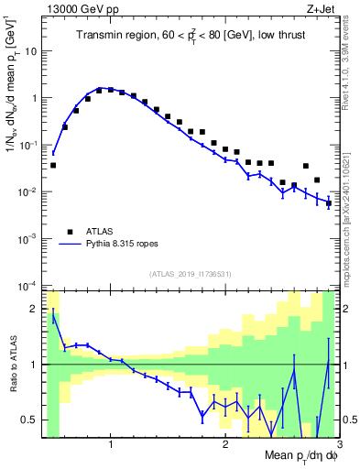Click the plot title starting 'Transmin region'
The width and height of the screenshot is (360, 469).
coord(189,36)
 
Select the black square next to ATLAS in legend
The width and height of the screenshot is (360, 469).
coord(69,231)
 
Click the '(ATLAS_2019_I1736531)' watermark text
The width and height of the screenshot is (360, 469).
coord(191,274)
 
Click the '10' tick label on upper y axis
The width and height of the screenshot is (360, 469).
coord(31,51)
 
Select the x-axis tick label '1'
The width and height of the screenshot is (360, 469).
coord(111,442)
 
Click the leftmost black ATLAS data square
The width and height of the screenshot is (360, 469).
coord(53,165)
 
